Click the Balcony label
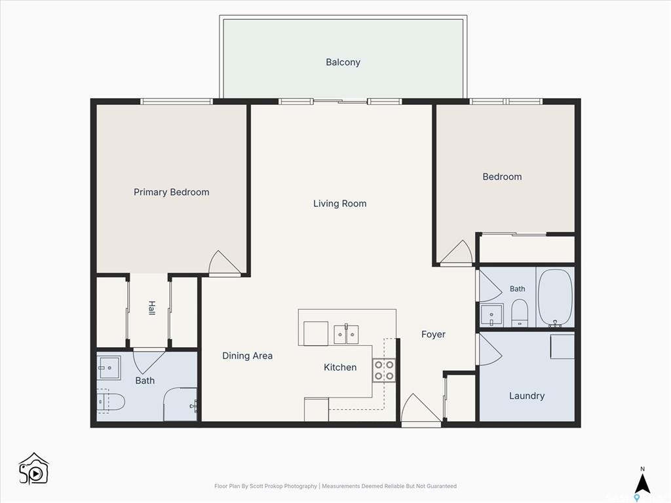click(x=343, y=62)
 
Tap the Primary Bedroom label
click(x=171, y=192)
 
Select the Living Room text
click(x=340, y=204)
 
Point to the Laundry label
click(x=527, y=396)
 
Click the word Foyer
click(x=433, y=335)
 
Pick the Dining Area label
click(x=247, y=356)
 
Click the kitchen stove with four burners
click(x=384, y=371)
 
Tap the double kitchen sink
click(x=346, y=335)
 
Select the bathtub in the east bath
click(x=554, y=298)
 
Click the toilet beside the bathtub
click(x=520, y=312)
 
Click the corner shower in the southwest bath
click(x=180, y=404)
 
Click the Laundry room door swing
click(x=489, y=350)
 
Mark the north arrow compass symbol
click(x=642, y=484)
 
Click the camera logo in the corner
click(x=34, y=469)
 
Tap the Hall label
click(x=151, y=308)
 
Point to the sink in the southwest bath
click(x=109, y=367)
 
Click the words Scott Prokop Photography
click(x=283, y=487)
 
